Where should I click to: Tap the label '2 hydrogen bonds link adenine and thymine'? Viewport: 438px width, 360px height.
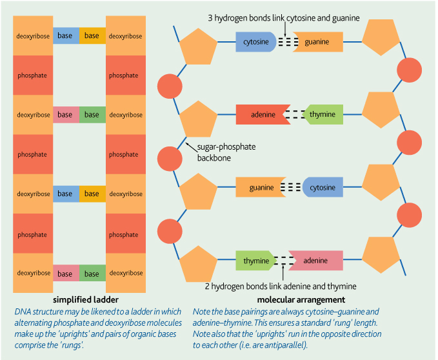pyautogui.click(x=281, y=286)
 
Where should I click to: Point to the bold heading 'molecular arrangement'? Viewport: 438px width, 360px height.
pyautogui.click(x=301, y=300)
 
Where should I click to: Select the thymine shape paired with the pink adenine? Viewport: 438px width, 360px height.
pyautogui.click(x=255, y=261)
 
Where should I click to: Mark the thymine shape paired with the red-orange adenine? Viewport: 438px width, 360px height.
pyautogui.click(x=323, y=115)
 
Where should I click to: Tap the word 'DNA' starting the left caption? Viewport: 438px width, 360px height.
pyautogui.click(x=22, y=311)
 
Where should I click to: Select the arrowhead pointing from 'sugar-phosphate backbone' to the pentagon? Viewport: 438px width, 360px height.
pyautogui.click(x=187, y=144)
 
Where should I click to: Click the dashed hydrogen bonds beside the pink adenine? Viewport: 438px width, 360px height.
pyautogui.click(x=284, y=261)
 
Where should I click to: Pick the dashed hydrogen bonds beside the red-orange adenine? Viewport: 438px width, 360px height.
pyautogui.click(x=294, y=115)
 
